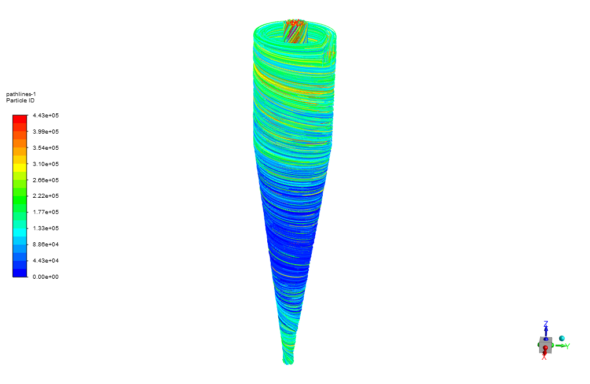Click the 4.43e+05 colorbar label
point(46,116)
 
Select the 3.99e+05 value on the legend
point(46,132)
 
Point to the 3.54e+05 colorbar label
point(46,148)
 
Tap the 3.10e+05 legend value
point(46,164)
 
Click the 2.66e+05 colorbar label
point(46,180)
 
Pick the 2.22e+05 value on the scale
point(46,196)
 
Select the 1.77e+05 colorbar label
point(46,212)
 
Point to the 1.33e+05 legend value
point(46,228)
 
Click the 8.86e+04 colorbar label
point(46,245)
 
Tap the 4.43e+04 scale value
point(46,261)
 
